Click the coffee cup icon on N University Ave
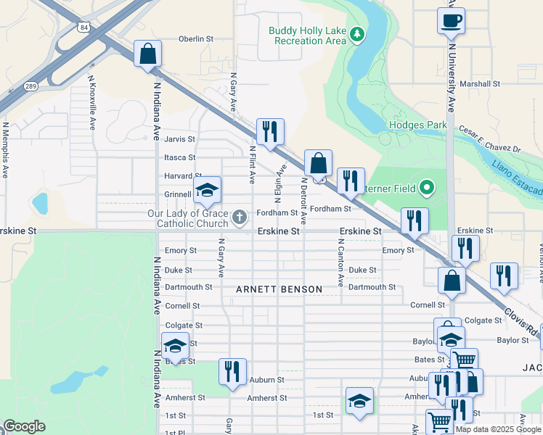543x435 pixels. [451, 20]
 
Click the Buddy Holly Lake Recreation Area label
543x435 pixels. [307, 36]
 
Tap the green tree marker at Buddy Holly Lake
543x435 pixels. [356, 34]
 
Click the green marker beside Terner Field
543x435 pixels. [427, 188]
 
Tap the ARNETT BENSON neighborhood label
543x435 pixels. [279, 289]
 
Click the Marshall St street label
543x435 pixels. [485, 84]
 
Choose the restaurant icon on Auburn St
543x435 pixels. [232, 372]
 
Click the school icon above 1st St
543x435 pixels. [359, 402]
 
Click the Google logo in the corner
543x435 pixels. [24, 426]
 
